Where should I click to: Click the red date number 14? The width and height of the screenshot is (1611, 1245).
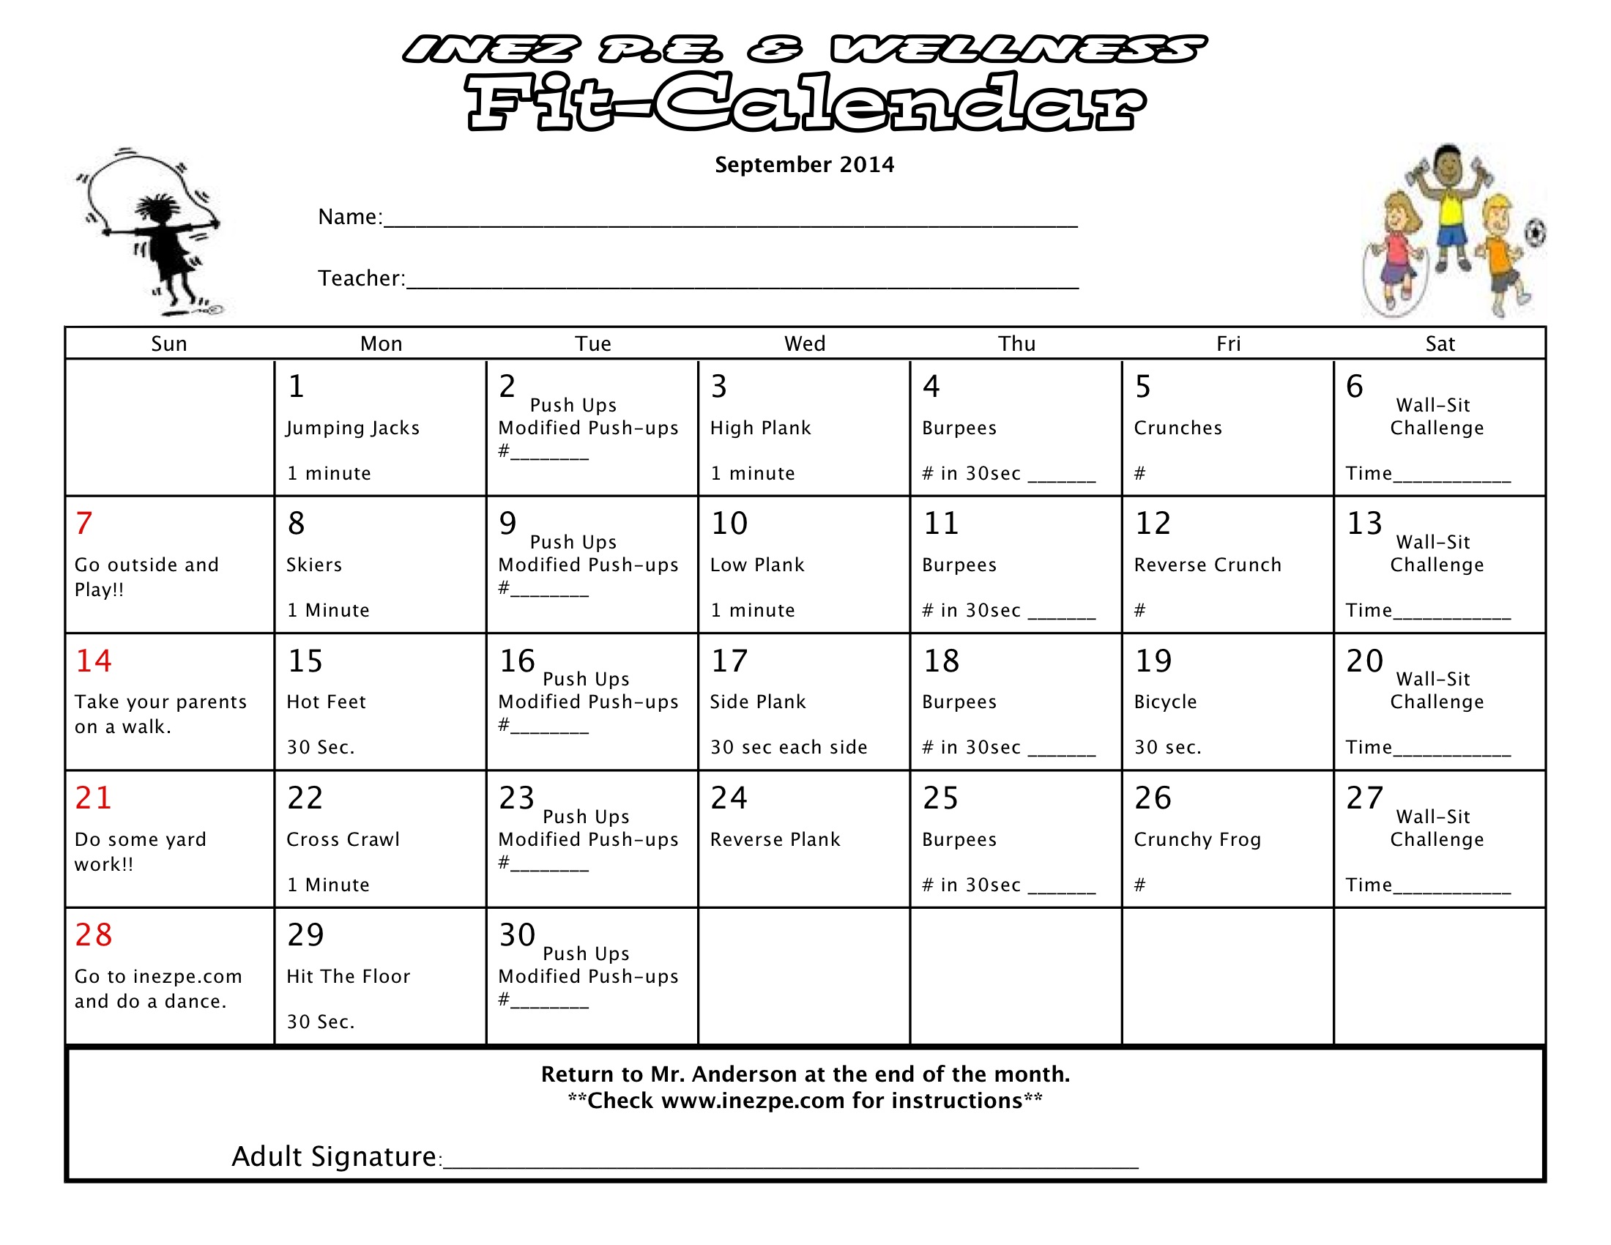point(94,661)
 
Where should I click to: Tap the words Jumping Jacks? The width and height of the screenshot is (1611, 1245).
point(353,428)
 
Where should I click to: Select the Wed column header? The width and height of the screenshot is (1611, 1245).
point(805,343)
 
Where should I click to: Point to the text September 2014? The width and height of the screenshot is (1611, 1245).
point(804,165)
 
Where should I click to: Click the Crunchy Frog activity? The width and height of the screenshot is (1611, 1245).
point(1197,839)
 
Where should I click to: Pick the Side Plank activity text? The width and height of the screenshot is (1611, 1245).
point(758,702)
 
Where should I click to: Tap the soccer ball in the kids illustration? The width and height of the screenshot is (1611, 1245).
point(1534,234)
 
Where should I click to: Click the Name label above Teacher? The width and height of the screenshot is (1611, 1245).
point(349,217)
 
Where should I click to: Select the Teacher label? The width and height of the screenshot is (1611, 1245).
point(361,278)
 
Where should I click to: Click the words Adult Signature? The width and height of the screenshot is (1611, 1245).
point(335,1156)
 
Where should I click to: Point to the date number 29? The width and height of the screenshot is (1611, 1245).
point(305,935)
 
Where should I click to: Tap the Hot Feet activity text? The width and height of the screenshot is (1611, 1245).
point(326,702)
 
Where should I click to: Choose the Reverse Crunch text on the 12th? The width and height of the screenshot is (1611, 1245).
point(1208,565)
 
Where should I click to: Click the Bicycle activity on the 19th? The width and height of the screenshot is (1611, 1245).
point(1166,702)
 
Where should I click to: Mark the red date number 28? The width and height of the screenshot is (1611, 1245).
point(94,935)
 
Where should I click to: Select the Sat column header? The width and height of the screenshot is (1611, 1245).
point(1440,343)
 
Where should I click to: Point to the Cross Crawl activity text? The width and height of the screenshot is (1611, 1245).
point(343,839)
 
